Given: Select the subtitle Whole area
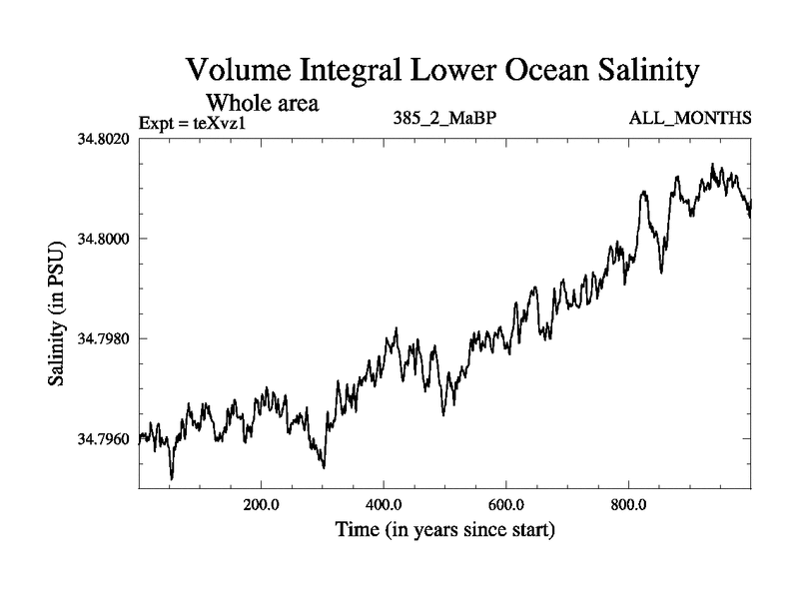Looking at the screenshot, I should pos(262,102).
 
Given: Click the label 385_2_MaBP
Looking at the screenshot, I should pos(445,119).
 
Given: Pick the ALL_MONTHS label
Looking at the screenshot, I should pos(689,119).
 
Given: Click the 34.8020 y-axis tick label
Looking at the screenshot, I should pos(105,139).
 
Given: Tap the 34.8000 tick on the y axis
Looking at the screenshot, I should pos(105,239).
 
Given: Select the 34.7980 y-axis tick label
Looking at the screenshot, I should pos(105,339).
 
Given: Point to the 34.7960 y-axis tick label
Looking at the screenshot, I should pos(105,439).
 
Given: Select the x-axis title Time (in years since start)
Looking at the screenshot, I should pos(444,529).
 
